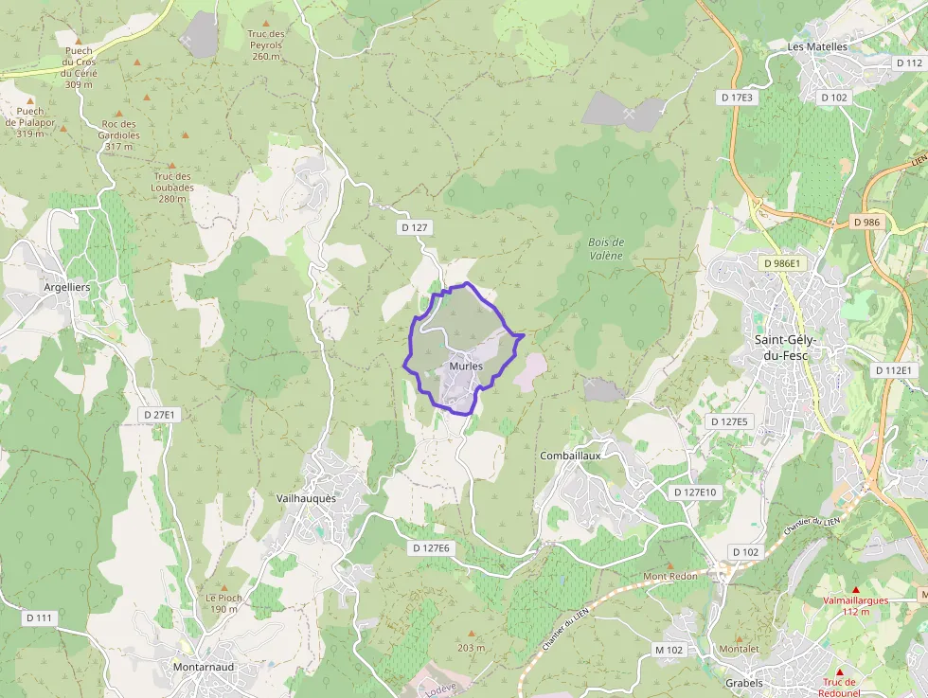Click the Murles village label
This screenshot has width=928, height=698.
coord(466,367)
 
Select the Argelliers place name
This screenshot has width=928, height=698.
coord(67,286)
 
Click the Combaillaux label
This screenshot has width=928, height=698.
coord(571,456)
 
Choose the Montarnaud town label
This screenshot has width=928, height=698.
coord(204,667)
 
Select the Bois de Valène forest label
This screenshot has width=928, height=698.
coord(606,249)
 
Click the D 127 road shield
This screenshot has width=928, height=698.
coord(416,227)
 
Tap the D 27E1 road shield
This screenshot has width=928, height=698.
coord(163,415)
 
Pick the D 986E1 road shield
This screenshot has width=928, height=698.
coord(780,263)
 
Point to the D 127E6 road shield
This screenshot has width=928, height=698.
coord(433,548)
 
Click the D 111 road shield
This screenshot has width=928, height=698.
coord(40,617)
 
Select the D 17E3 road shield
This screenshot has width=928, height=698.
coord(736,97)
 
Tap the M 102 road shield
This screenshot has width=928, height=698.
coord(669,650)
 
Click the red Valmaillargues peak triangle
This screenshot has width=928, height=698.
coord(855,589)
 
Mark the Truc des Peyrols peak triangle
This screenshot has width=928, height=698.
coord(265,23)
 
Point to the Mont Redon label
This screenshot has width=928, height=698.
coord(670,576)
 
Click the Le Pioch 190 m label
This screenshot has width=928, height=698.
coord(223,603)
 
